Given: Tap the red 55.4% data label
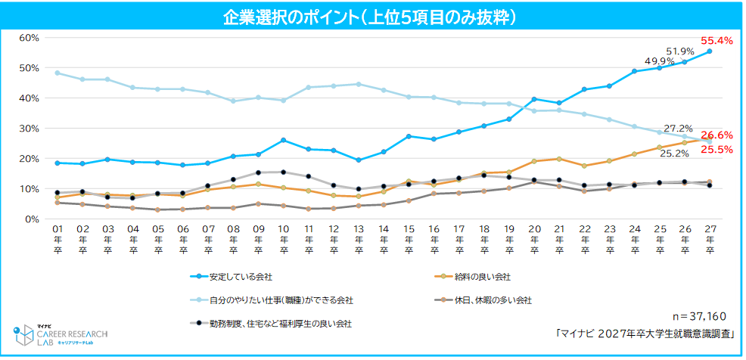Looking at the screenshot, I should click(716, 40).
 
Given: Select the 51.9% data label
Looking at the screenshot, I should click(680, 51).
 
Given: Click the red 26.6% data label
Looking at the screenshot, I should click(716, 135).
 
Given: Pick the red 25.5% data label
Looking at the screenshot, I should click(716, 150).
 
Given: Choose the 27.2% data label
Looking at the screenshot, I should click(678, 129).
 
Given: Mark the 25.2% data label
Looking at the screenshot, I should click(675, 154).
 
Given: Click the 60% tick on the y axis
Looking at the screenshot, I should click(28, 38).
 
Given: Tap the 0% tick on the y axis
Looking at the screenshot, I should click(31, 219).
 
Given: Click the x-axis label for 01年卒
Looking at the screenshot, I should click(57, 241).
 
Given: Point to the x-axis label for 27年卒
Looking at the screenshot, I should click(710, 241).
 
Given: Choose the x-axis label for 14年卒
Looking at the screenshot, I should click(384, 241).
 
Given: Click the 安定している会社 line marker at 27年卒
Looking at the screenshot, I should click(710, 51).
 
